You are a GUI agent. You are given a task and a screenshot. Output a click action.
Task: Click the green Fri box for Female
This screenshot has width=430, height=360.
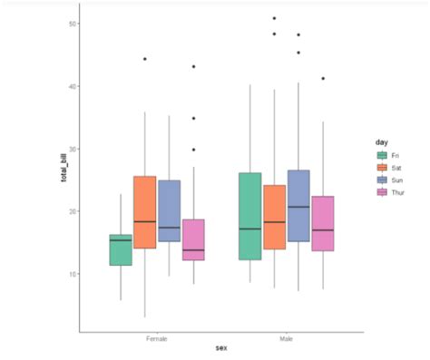coord(121,249)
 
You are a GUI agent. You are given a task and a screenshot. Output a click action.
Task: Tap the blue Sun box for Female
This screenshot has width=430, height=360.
coord(169,210)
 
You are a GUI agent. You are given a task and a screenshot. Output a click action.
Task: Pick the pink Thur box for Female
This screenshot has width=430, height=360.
coord(193,239)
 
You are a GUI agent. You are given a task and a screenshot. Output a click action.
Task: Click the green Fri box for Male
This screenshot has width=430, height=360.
coord(249,216)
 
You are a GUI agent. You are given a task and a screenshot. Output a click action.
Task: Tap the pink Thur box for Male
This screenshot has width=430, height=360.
coord(322,223)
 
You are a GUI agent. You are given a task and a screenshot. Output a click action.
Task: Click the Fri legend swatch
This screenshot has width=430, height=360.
coord(383,156)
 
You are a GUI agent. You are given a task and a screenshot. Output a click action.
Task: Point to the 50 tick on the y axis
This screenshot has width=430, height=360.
coord(71,24)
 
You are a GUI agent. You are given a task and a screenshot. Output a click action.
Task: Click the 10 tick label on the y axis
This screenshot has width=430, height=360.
coord(71,274)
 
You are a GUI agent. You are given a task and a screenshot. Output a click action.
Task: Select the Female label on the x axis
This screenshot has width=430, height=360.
coord(156,338)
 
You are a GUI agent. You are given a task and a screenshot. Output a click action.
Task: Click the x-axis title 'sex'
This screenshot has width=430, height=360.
coord(220,348)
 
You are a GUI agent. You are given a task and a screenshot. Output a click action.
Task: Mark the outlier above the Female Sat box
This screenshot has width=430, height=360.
coord(145,59)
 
